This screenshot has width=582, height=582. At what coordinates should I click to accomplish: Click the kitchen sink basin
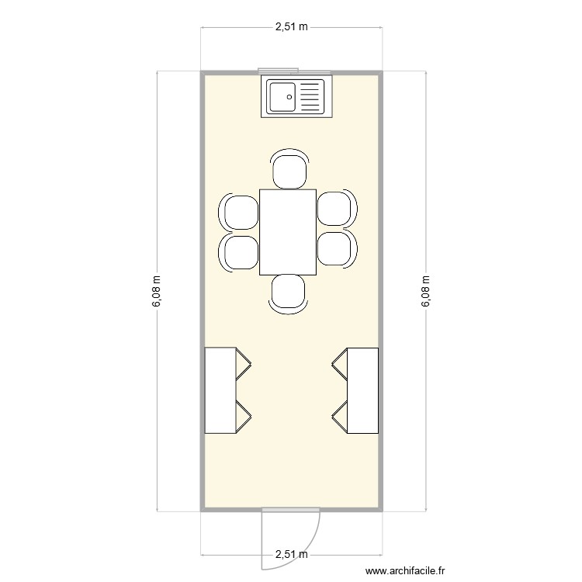tap(282, 97)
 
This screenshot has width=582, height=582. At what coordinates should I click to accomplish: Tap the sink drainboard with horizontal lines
tap(309, 97)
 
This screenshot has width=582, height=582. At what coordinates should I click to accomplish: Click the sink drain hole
tap(289, 97)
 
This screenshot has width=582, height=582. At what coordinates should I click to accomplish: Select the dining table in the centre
tap(288, 232)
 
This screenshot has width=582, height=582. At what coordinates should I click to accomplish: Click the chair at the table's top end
tap(288, 170)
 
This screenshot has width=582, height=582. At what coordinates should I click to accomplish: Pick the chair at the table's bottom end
tap(288, 293)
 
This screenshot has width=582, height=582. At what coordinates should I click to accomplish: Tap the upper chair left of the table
tap(240, 210)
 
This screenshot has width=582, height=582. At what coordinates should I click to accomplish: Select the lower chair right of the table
tap(336, 249)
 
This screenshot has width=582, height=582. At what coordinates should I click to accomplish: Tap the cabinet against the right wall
tap(362, 390)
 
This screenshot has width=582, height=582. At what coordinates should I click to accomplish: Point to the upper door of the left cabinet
tap(244, 363)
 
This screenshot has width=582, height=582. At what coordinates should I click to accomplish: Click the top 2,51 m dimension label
tap(291, 26)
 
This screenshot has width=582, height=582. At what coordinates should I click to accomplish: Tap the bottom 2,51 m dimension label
tap(291, 555)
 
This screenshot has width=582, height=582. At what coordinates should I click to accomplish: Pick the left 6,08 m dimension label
tap(158, 292)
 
